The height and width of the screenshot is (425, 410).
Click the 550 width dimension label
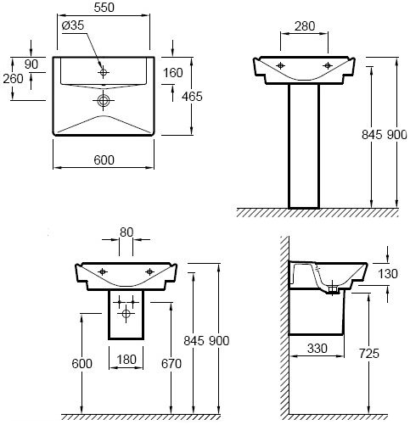coord(104,8)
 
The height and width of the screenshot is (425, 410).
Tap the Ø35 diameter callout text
coord(73,25)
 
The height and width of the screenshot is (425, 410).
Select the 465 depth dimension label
coord(192,97)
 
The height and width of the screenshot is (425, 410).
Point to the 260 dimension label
coord(13,79)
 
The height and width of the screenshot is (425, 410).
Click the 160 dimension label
coord(173,73)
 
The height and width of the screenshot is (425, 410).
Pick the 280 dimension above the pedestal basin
coord(305,26)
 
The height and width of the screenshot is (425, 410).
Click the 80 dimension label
coord(126,232)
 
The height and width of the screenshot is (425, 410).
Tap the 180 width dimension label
coord(126,360)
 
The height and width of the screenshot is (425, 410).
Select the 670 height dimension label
coord(171,364)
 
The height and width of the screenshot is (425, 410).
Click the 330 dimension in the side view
coord(317,349)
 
